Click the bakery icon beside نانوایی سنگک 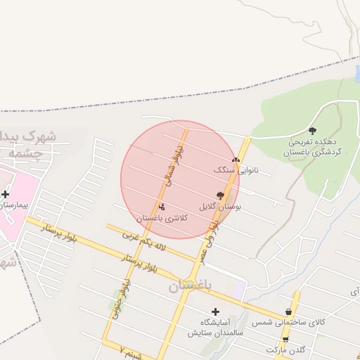pyautogui.click(x=236, y=160)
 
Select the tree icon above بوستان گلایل pyautogui.click(x=220, y=196)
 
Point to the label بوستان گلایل pyautogui.click(x=220, y=207)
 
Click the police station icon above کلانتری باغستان pyautogui.click(x=162, y=207)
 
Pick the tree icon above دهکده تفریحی pyautogui.click(x=312, y=131)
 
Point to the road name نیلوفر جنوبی pyautogui.click(x=117, y=307)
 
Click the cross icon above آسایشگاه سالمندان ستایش pyautogui.click(x=215, y=311)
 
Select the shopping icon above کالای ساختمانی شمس pyautogui.click(x=289, y=311)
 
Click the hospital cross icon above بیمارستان pyautogui.click(x=6, y=194)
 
